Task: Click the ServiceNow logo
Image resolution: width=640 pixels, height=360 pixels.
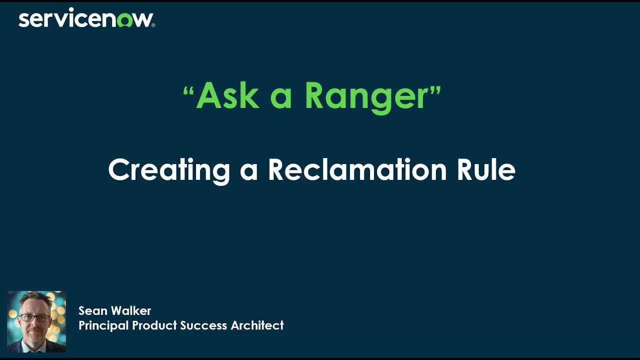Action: coord(86,19)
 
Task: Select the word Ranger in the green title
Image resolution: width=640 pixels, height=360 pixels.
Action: coord(366,96)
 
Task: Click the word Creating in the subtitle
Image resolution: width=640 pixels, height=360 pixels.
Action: coord(169,170)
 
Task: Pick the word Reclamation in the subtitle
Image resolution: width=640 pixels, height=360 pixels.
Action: coord(357,170)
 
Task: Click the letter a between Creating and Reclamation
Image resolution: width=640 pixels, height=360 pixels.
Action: coord(249,171)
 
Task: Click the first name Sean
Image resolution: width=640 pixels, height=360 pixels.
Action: coord(93,311)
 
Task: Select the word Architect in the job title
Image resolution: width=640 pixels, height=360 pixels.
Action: coord(257,325)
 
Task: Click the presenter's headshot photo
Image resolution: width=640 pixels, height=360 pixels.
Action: coord(36,322)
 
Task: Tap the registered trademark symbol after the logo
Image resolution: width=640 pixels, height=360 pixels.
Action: coord(153,25)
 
